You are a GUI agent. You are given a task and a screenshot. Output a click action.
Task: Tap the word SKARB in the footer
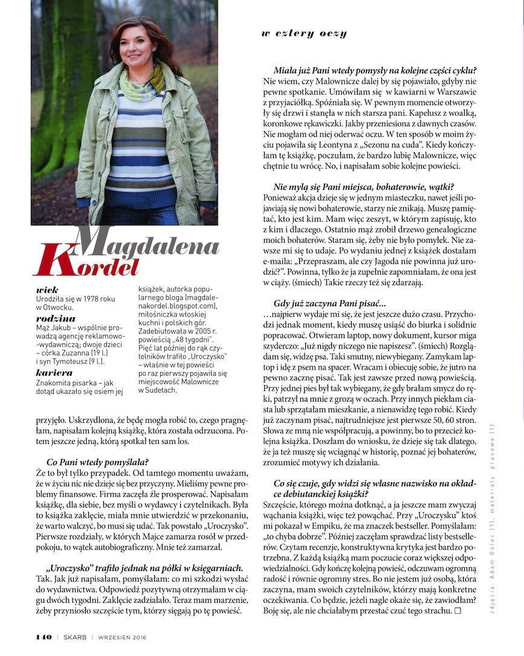(74, 637)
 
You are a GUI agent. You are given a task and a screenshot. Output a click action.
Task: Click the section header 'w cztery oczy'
(304, 34)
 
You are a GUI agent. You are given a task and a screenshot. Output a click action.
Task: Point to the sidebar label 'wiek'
(47, 291)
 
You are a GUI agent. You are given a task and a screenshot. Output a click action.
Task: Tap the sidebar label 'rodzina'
(56, 318)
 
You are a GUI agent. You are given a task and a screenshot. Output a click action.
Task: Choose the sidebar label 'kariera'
(54, 373)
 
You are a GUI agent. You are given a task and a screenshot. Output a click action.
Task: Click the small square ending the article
(457, 611)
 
